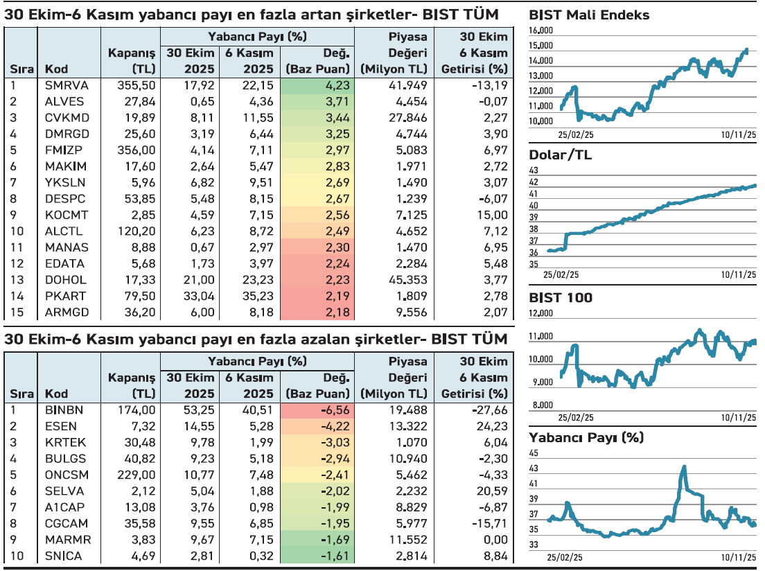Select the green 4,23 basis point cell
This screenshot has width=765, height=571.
point(319,85)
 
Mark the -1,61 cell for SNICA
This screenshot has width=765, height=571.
point(319,556)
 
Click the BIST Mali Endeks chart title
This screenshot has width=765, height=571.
point(589,15)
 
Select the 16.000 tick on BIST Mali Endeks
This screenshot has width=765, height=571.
point(540,30)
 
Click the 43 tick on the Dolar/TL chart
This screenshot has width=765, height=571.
point(534,170)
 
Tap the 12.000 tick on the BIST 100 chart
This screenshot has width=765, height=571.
point(540,313)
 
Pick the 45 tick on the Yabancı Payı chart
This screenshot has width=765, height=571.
point(534,453)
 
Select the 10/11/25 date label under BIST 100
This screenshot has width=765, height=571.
point(737,418)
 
